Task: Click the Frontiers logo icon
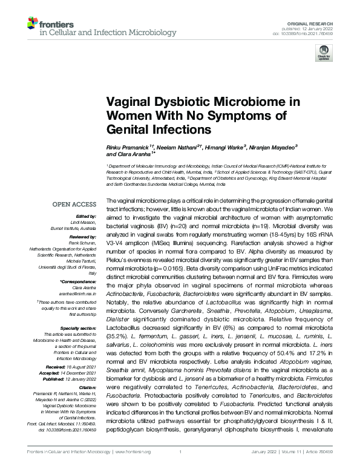33,24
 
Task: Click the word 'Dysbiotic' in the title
170,102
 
